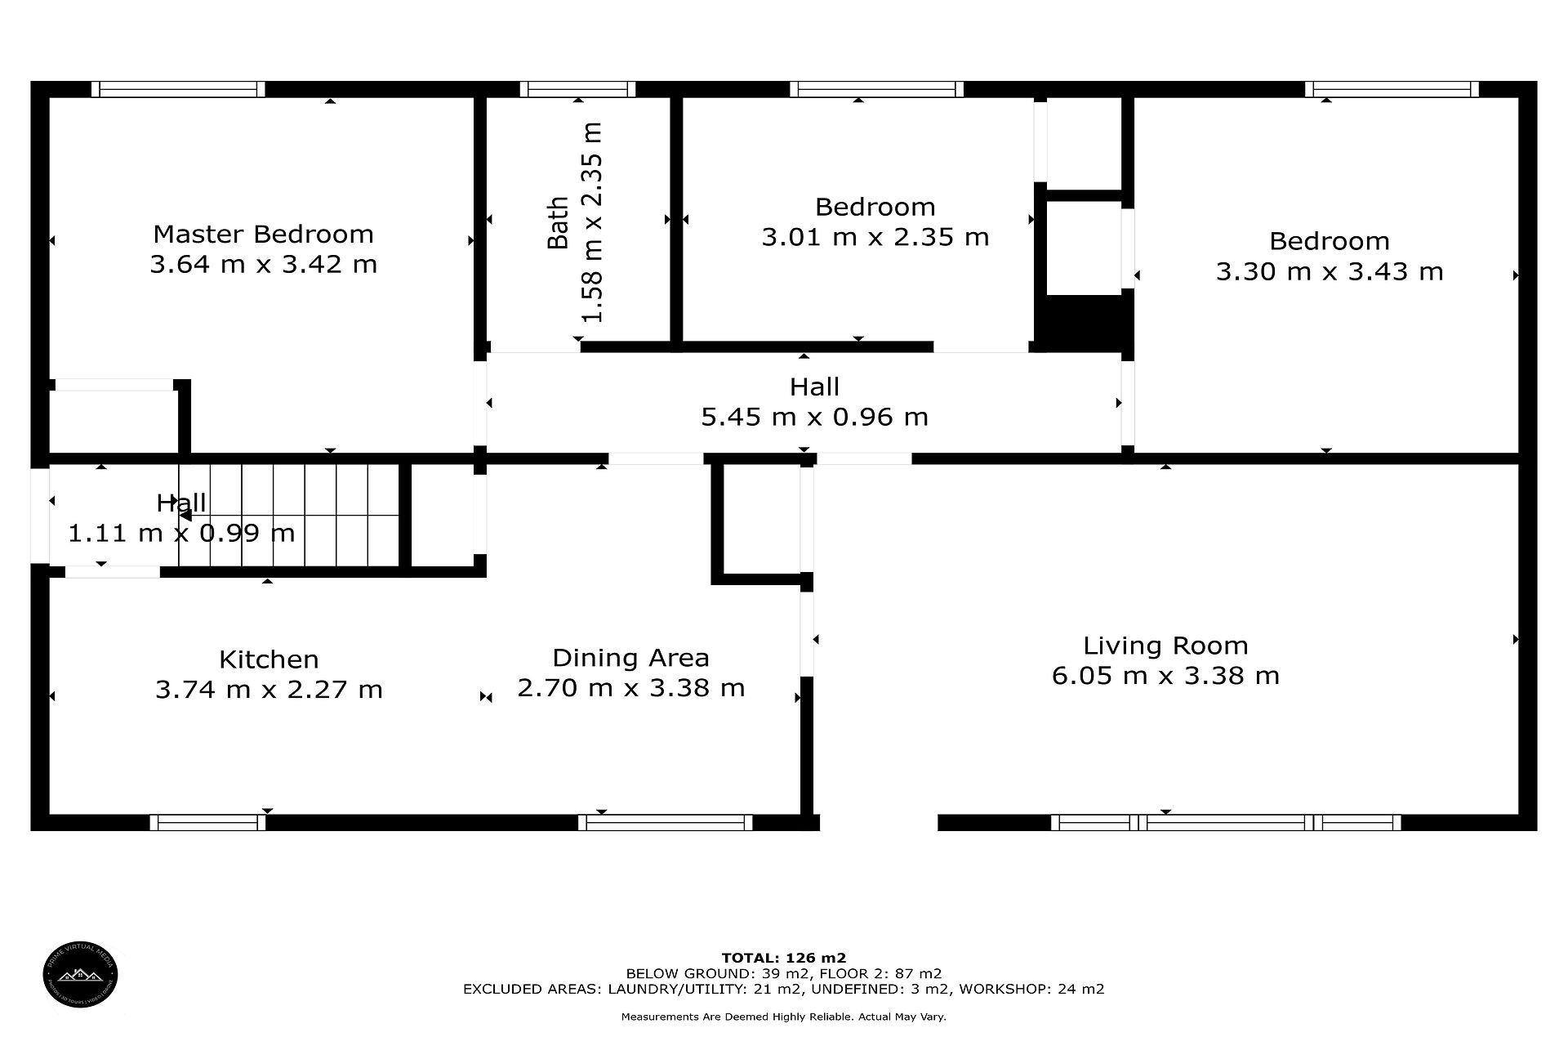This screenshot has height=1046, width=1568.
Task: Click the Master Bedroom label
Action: click(263, 235)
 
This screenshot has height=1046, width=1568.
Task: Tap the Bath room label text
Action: click(558, 222)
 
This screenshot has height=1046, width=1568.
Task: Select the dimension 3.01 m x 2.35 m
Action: click(875, 238)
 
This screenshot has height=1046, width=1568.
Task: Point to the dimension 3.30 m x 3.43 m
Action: click(1330, 271)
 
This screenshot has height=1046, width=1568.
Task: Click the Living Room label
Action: click(1165, 646)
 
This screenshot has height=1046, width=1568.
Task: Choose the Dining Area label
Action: click(630, 658)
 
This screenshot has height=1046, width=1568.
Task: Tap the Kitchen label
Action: click(269, 659)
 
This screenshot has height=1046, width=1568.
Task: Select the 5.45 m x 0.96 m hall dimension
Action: click(815, 418)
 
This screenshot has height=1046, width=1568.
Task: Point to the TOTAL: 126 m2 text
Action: click(784, 958)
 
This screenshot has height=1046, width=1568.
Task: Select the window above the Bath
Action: click(577, 89)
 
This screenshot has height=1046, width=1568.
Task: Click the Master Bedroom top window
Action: click(178, 89)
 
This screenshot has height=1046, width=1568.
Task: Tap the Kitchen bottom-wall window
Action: click(207, 822)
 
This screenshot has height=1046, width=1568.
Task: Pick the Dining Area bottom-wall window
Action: click(666, 822)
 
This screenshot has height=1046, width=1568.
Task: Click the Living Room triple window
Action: click(1226, 822)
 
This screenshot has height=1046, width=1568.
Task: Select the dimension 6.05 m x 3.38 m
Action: click(1165, 677)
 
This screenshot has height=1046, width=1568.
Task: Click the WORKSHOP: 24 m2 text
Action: click(1031, 989)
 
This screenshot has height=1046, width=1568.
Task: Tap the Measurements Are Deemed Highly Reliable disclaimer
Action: click(784, 1017)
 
